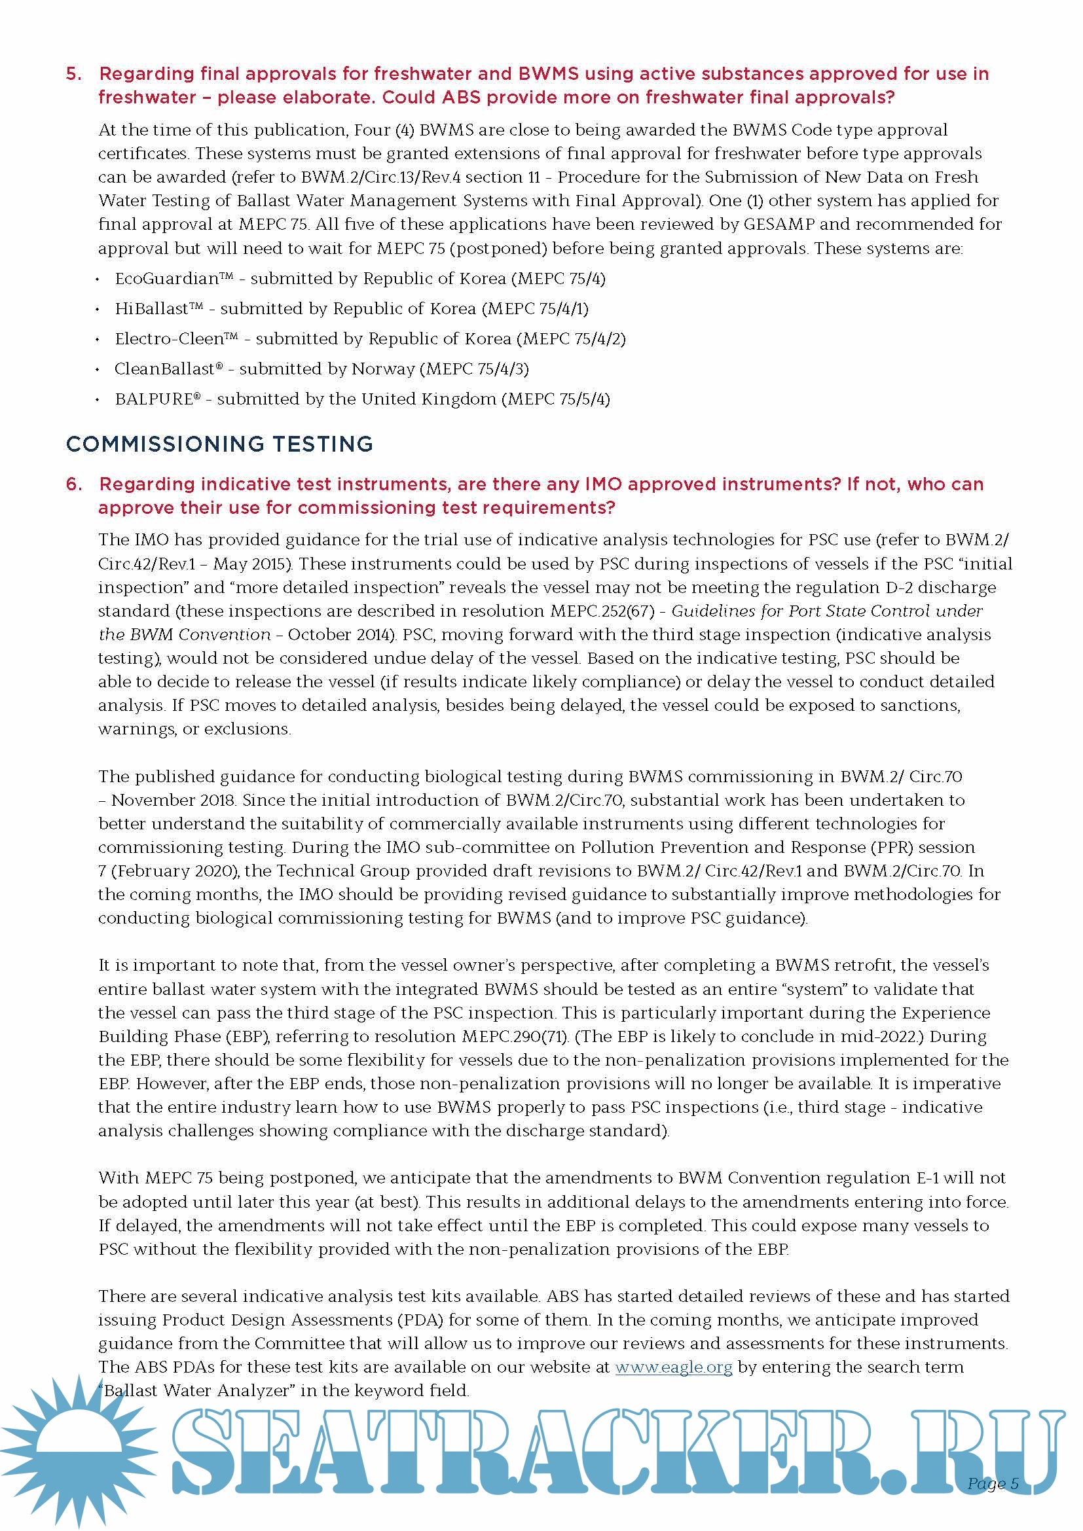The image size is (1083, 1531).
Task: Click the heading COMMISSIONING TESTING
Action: point(219,444)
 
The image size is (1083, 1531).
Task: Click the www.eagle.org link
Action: point(674,1367)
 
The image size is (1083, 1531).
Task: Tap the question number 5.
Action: point(73,74)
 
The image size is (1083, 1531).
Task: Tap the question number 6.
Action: point(73,484)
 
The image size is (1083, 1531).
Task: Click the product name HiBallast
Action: point(152,309)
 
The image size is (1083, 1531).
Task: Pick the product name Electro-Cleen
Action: point(170,339)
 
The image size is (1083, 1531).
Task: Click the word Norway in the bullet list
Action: point(384,369)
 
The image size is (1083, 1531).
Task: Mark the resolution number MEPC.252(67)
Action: point(603,611)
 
